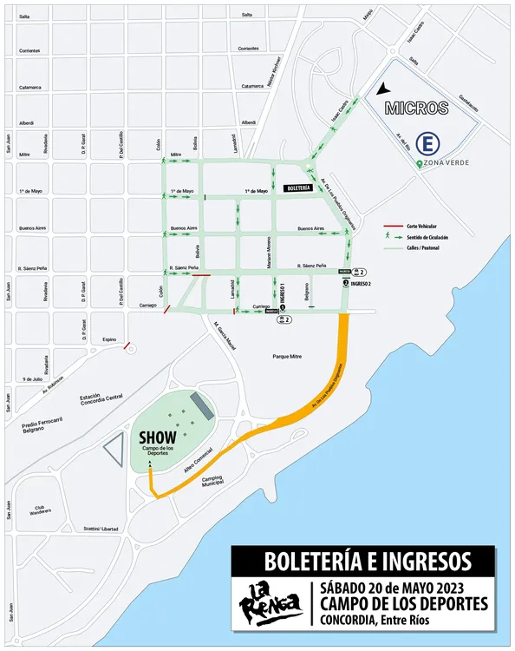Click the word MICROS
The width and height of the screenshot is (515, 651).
(417, 109)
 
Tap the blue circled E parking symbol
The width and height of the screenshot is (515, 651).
(427, 143)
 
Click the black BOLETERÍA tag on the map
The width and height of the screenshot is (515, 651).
(298, 187)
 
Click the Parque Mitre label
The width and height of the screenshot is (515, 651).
(290, 356)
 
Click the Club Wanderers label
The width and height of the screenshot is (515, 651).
(40, 510)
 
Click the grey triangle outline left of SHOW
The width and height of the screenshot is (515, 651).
(113, 451)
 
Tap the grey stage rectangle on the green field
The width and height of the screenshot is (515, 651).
(199, 404)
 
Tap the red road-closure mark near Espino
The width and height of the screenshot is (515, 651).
(127, 346)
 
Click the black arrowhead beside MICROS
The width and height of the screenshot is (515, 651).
(383, 89)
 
